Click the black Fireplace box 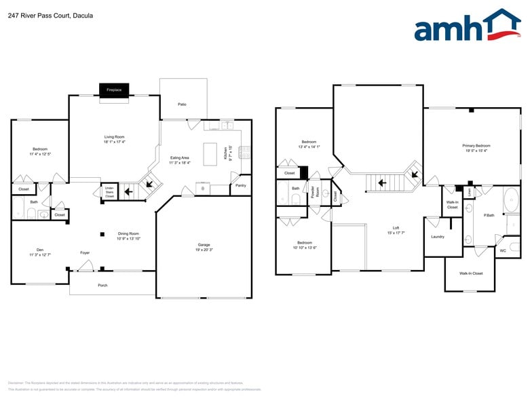(x=114, y=90)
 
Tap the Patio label (x=183, y=104)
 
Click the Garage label (x=204, y=244)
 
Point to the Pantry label (x=240, y=185)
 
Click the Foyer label (x=85, y=252)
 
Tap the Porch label (x=102, y=285)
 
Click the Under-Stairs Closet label (x=109, y=191)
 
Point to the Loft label (x=396, y=228)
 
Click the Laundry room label (x=438, y=236)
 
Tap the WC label (x=503, y=250)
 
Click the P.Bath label (x=488, y=215)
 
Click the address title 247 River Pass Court (x=51, y=15)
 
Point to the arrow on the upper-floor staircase (x=382, y=182)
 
